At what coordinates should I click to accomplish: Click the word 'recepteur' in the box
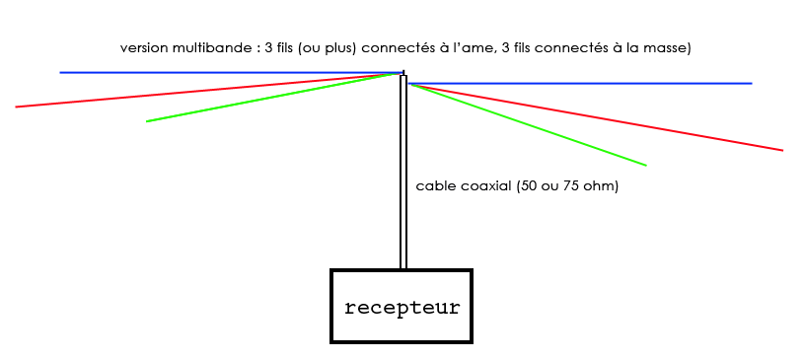(401, 307)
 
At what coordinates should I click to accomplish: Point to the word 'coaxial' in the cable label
(484, 185)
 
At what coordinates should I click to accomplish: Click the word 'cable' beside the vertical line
(435, 185)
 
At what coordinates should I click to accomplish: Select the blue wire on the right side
(592, 83)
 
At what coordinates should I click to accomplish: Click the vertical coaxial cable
(403, 178)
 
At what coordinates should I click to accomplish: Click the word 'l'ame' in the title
(475, 47)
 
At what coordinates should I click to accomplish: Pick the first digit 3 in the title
(268, 47)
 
